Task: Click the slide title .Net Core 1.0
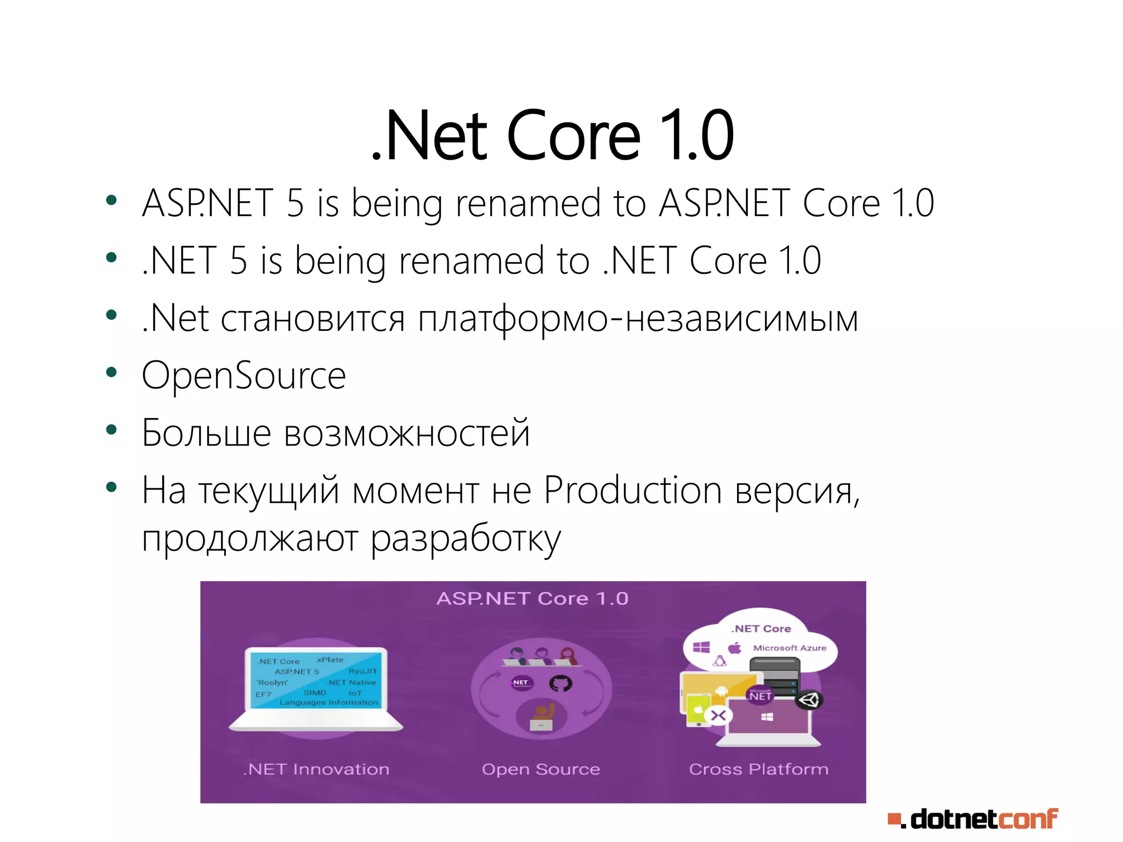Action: (x=553, y=135)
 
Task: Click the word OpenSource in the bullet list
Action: (x=243, y=376)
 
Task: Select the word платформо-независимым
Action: (x=638, y=319)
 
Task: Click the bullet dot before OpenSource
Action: (x=111, y=373)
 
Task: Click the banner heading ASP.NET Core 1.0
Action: (x=532, y=598)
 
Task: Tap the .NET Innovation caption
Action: (x=316, y=769)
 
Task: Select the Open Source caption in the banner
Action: (x=541, y=769)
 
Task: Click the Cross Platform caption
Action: (x=758, y=769)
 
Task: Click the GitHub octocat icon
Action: (x=560, y=683)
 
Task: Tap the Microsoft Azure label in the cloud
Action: (x=789, y=648)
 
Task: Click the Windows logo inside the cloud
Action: (x=701, y=648)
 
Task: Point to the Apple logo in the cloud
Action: (x=735, y=648)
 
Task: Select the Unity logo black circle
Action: (x=809, y=700)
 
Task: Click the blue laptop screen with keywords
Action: (x=316, y=681)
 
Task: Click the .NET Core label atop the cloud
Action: (x=761, y=629)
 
